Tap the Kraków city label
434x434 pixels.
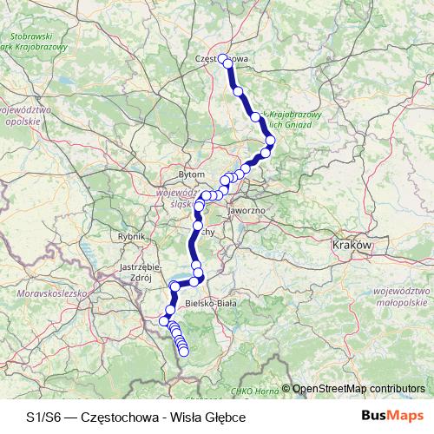point(352,246)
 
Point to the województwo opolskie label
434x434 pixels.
point(26,116)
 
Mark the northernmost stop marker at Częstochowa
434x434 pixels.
point(223,59)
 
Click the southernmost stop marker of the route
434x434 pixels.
point(183,351)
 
